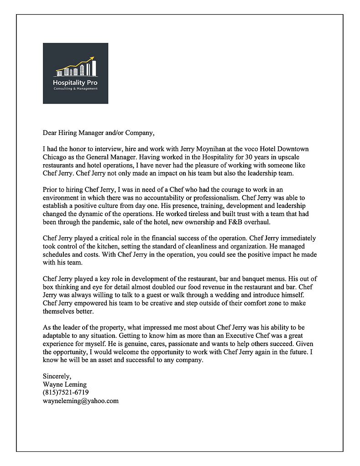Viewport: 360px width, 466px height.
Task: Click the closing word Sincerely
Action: [57, 377]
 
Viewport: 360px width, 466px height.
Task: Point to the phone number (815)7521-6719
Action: [66, 393]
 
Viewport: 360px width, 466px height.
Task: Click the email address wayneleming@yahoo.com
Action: [81, 401]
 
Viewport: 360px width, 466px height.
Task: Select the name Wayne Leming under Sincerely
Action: [64, 385]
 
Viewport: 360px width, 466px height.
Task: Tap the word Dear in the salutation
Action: [50, 133]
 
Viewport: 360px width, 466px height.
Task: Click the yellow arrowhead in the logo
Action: [92, 58]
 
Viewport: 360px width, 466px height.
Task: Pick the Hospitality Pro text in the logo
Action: [75, 83]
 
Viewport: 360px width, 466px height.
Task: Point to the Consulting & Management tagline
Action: [75, 88]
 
